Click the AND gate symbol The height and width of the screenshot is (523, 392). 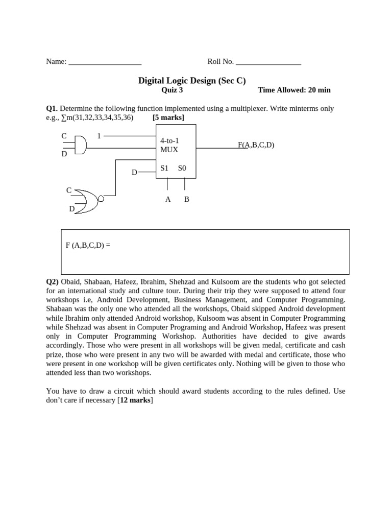80,145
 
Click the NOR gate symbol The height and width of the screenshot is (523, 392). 87,201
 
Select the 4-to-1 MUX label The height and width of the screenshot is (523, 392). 169,145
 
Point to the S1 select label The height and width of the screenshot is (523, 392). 164,168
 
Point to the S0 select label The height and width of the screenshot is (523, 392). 182,168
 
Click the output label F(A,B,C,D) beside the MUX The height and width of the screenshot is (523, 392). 256,145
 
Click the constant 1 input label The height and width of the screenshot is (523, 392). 99,136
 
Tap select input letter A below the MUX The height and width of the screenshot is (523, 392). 168,199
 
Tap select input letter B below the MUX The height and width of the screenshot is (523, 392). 186,199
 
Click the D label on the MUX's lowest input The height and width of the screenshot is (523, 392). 134,173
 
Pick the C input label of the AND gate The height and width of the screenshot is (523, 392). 64,136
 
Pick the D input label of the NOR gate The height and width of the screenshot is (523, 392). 72,209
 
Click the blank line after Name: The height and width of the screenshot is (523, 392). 105,62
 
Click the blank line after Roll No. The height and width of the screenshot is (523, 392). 268,62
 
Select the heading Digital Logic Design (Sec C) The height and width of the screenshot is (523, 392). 192,80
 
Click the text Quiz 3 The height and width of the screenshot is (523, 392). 171,90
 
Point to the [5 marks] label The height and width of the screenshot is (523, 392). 168,117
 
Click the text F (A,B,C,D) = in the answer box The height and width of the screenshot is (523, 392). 88,245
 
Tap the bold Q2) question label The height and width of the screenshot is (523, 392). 53,282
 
